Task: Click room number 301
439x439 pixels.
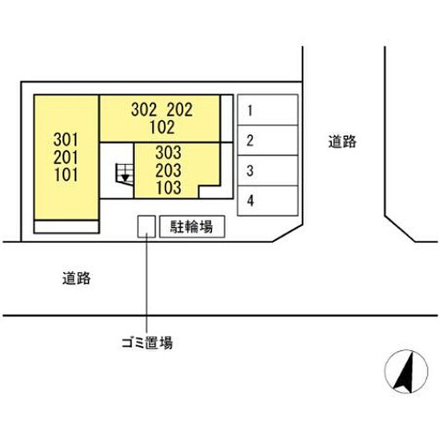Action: (65, 139)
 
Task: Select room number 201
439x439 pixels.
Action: (65, 157)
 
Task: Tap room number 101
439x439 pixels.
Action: (65, 174)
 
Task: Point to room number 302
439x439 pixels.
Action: (144, 110)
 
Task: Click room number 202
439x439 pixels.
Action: (180, 110)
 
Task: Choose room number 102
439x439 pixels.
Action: (162, 127)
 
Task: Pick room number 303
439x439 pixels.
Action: (168, 152)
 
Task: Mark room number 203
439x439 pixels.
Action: (168, 170)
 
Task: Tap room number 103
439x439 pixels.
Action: (168, 188)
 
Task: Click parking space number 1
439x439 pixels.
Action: (268, 110)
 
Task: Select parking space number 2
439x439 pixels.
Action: (268, 140)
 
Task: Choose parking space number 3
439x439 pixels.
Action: (268, 171)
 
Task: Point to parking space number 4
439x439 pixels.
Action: (268, 201)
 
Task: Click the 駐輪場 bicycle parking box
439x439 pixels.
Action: (192, 227)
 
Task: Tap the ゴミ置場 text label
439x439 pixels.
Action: (147, 342)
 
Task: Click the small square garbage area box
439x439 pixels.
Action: (146, 227)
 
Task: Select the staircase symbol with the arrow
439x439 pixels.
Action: (125, 174)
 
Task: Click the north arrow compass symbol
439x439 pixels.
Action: (406, 372)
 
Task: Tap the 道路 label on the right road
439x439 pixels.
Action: (342, 141)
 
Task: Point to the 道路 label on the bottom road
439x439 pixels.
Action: (77, 278)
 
